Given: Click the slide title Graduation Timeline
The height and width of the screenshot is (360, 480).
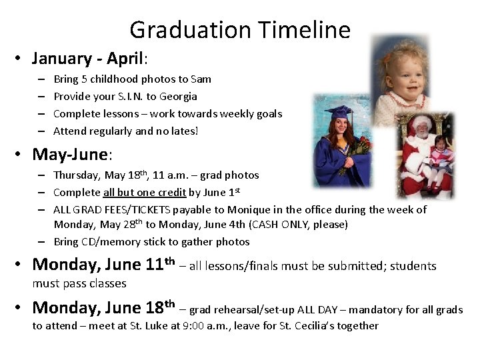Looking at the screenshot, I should click(x=239, y=30).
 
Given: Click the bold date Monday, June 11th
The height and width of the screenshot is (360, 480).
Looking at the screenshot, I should click(x=103, y=265).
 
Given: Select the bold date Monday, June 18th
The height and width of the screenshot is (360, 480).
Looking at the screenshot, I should click(x=103, y=308).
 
